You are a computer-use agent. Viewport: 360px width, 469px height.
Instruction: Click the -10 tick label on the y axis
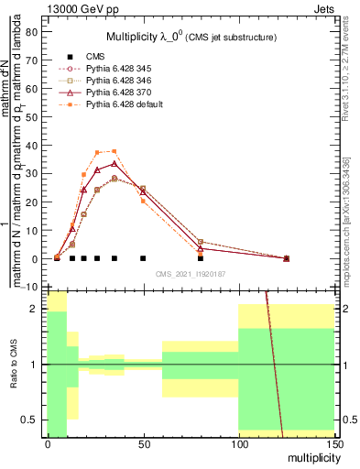click(x=29, y=288)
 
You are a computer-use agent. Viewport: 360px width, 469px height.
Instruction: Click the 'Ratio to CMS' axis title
click(x=12, y=364)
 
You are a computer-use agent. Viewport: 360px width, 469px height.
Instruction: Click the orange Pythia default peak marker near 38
click(x=114, y=151)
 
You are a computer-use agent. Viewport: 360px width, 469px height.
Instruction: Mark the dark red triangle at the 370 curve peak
click(x=114, y=164)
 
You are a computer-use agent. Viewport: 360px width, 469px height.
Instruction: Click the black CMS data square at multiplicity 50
click(x=143, y=258)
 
